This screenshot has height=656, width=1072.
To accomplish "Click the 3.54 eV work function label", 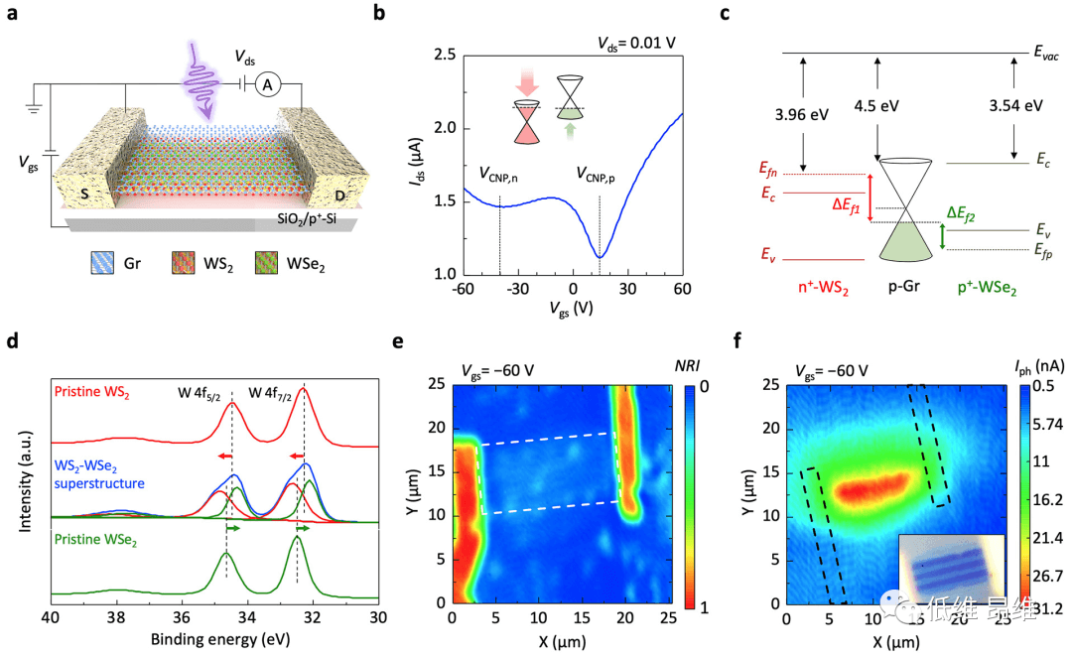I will click(x=1014, y=106).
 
